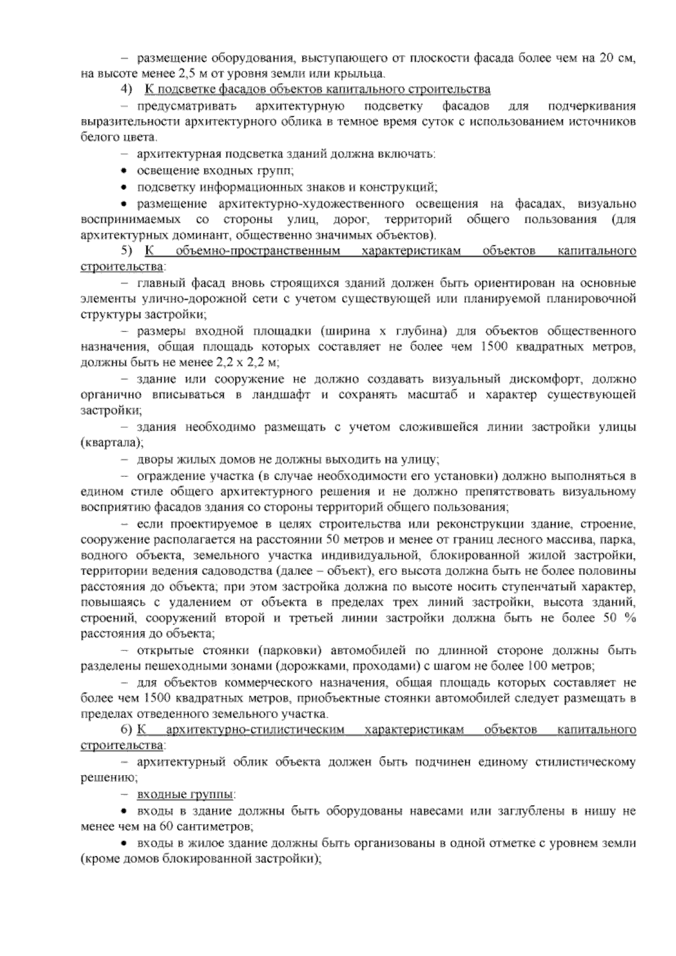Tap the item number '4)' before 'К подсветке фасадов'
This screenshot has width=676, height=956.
pyautogui.click(x=126, y=90)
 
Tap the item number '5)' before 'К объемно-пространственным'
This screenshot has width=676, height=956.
pyautogui.click(x=126, y=251)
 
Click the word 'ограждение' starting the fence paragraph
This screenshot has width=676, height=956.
pyautogui.click(x=166, y=476)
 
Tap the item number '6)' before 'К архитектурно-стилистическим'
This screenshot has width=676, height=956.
pyautogui.click(x=126, y=731)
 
